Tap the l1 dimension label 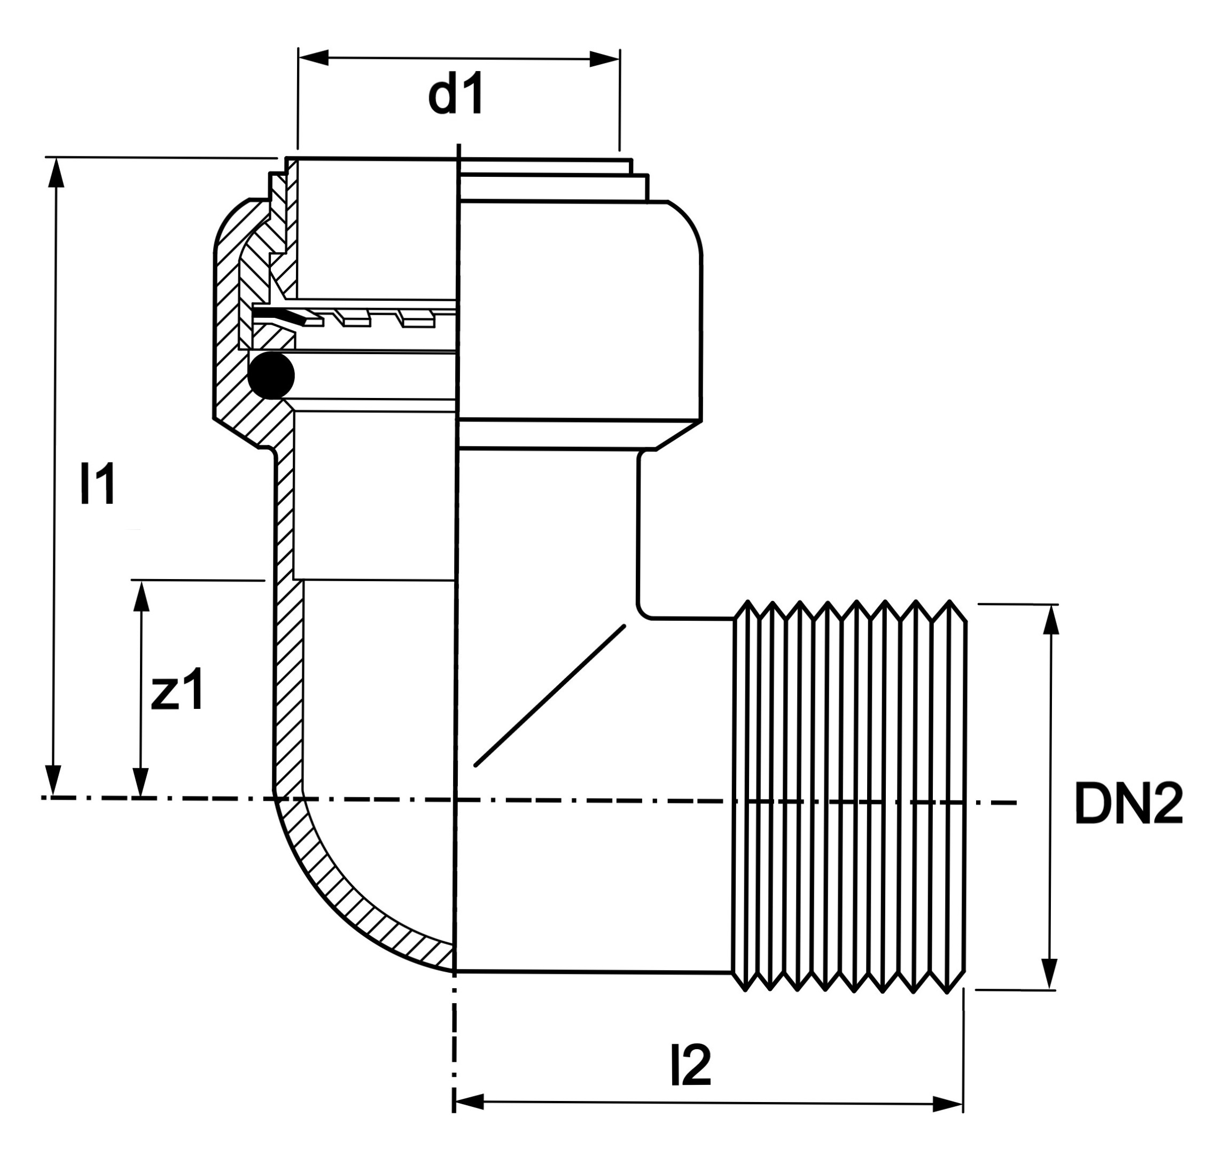pos(97,484)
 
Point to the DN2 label pos(1128,804)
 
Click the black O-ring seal pos(271,376)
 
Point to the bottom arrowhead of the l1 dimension pos(54,780)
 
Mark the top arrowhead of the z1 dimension pos(142,597)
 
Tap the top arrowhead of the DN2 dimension pos(1051,620)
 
